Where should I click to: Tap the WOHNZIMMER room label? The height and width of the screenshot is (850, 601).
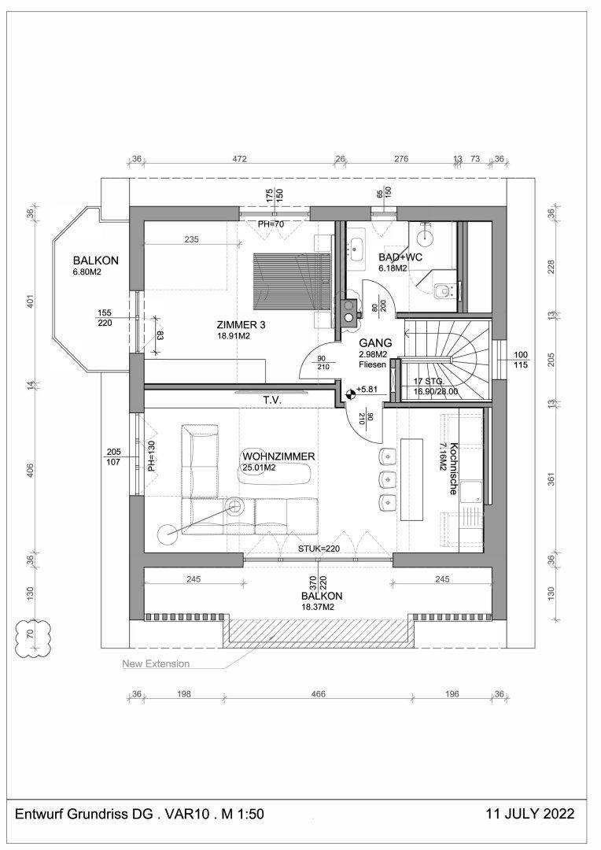[x=278, y=456]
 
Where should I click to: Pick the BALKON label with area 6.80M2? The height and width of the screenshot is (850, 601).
[x=95, y=261]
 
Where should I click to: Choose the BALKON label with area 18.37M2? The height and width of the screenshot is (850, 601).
[x=318, y=597]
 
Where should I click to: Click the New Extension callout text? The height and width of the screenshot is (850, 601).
[x=156, y=663]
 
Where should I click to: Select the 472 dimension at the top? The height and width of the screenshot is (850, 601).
[x=239, y=159]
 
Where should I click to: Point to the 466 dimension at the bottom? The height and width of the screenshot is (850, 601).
[x=318, y=694]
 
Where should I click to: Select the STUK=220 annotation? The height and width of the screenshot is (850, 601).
[x=318, y=548]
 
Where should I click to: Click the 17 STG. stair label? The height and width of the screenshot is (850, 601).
[x=430, y=381]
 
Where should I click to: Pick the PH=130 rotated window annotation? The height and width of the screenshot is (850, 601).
[x=151, y=456]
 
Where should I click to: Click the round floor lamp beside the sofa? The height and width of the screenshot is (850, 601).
[x=167, y=534]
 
